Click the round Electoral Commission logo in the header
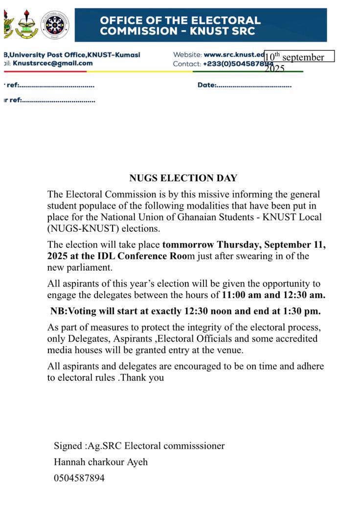pyautogui.click(x=54, y=25)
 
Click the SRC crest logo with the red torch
pyautogui.click(x=26, y=25)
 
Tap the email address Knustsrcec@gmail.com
pyautogui.click(x=52, y=63)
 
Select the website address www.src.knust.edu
pyautogui.click(x=234, y=55)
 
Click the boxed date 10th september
pyautogui.click(x=299, y=57)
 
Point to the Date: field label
pyautogui.click(x=206, y=85)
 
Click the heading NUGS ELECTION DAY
pyautogui.click(x=183, y=178)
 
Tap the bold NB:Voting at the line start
pyautogui.click(x=74, y=311)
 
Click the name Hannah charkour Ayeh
pyautogui.click(x=101, y=462)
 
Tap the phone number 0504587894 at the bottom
pyautogui.click(x=79, y=478)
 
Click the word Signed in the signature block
pyautogui.click(x=68, y=446)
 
